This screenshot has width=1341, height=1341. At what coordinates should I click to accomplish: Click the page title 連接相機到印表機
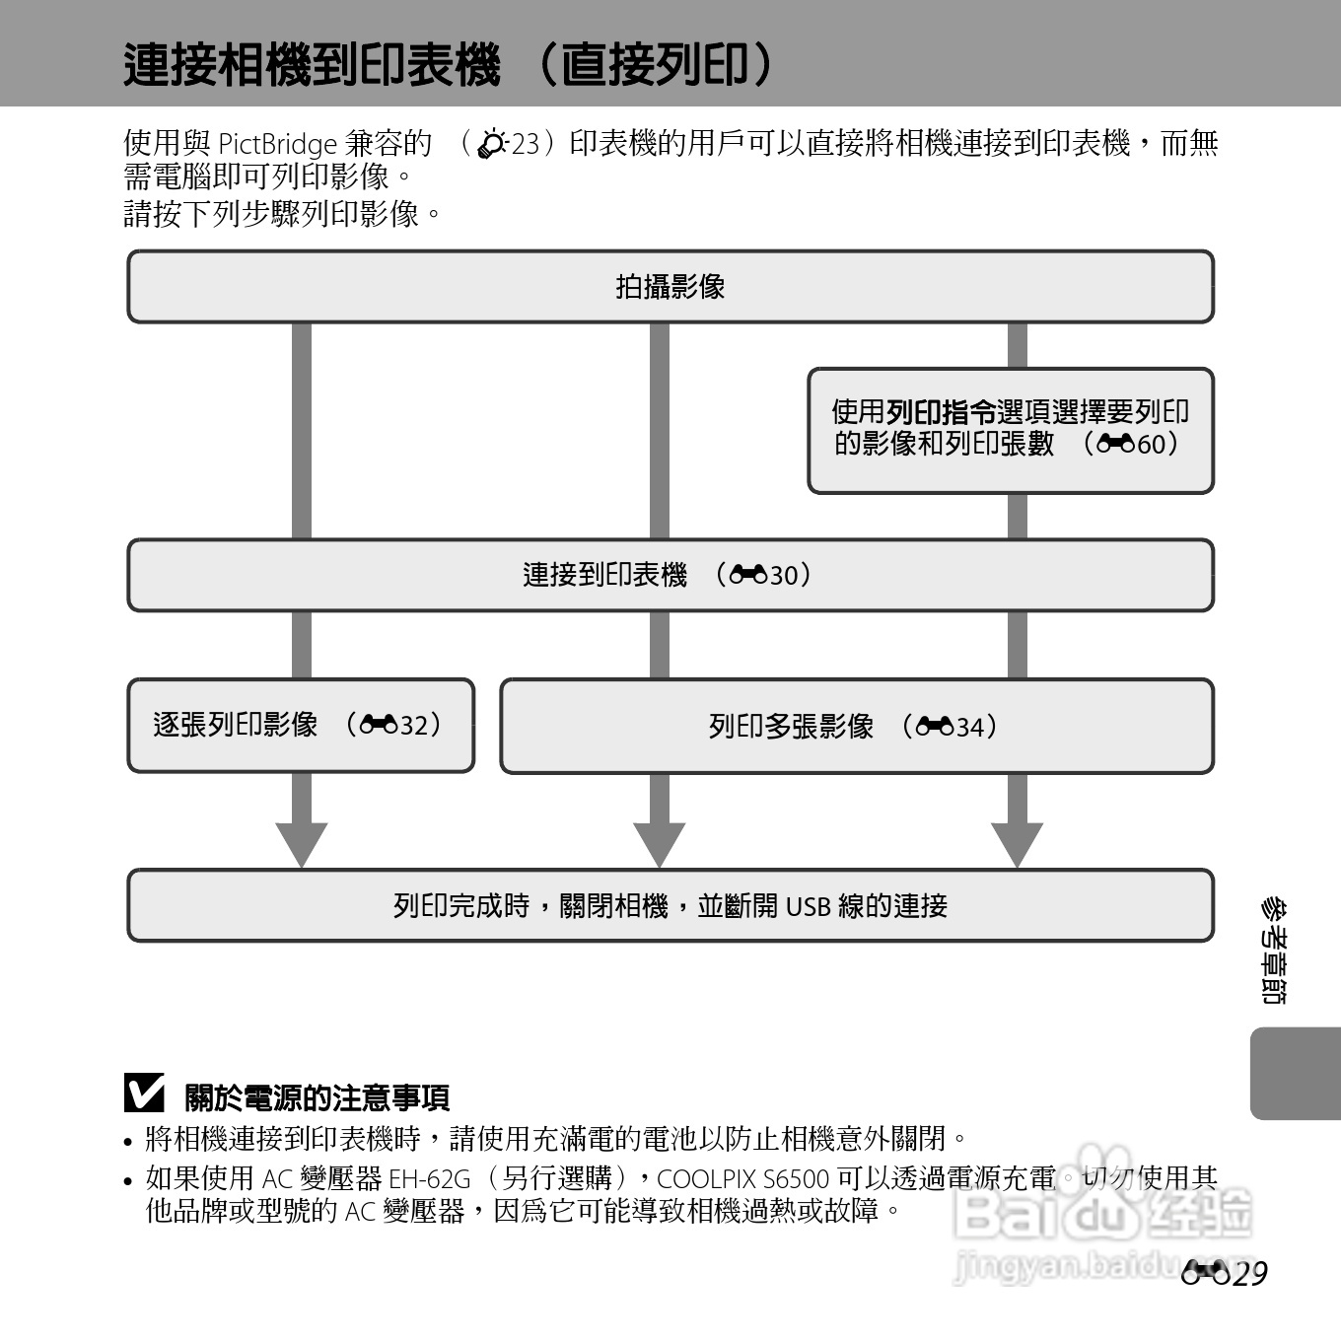click(312, 65)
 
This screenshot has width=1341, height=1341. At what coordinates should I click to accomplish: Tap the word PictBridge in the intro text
click(277, 144)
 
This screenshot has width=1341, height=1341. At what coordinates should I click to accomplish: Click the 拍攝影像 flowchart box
click(670, 287)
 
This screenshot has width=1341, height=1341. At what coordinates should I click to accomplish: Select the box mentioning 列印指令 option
click(1011, 430)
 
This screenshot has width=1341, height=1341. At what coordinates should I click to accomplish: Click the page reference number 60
click(1151, 444)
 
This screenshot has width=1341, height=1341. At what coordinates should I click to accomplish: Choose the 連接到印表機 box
click(670, 575)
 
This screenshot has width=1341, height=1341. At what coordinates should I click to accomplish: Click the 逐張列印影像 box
click(301, 726)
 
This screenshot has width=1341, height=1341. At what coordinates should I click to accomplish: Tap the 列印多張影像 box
click(856, 727)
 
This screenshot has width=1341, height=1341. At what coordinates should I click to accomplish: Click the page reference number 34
click(969, 728)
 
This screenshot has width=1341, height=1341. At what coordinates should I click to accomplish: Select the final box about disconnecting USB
click(670, 905)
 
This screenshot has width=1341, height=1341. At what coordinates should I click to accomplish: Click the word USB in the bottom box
click(808, 906)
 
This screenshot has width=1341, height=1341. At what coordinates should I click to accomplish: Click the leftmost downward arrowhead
click(302, 843)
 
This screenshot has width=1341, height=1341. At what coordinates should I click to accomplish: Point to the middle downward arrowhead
click(660, 843)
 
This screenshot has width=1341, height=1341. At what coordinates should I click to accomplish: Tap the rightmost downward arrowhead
click(1018, 843)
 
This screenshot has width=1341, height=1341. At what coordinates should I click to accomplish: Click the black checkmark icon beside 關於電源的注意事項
click(144, 1094)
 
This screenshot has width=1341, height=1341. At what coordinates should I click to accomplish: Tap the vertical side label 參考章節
click(1273, 951)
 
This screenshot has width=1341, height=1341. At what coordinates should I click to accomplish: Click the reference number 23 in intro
click(525, 144)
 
